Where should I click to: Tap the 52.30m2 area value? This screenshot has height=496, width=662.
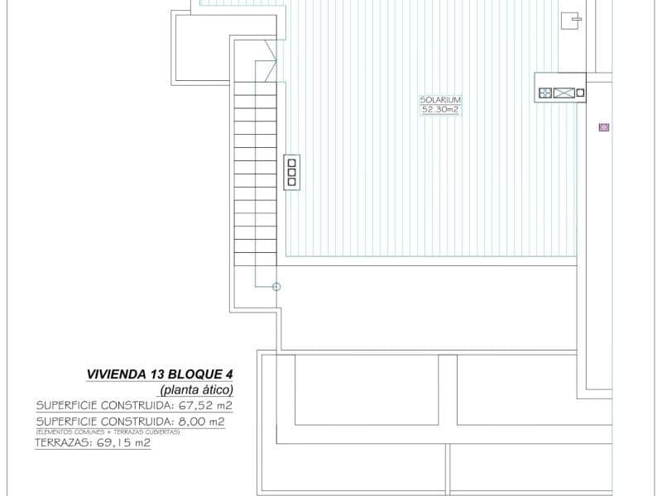439,109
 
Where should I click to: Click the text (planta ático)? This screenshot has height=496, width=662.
197,390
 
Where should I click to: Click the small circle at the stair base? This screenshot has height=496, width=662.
276,287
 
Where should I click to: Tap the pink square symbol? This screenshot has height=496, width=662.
604,127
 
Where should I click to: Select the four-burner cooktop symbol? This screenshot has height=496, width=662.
545,93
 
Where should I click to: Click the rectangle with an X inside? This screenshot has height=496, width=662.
564,93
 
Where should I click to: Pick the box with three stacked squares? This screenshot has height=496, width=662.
291,171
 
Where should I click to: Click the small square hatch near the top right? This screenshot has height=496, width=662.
570,21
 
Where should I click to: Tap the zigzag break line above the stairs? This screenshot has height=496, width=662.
271,60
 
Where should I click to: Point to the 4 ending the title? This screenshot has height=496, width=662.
229,374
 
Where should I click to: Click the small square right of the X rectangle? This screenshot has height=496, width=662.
580,93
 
